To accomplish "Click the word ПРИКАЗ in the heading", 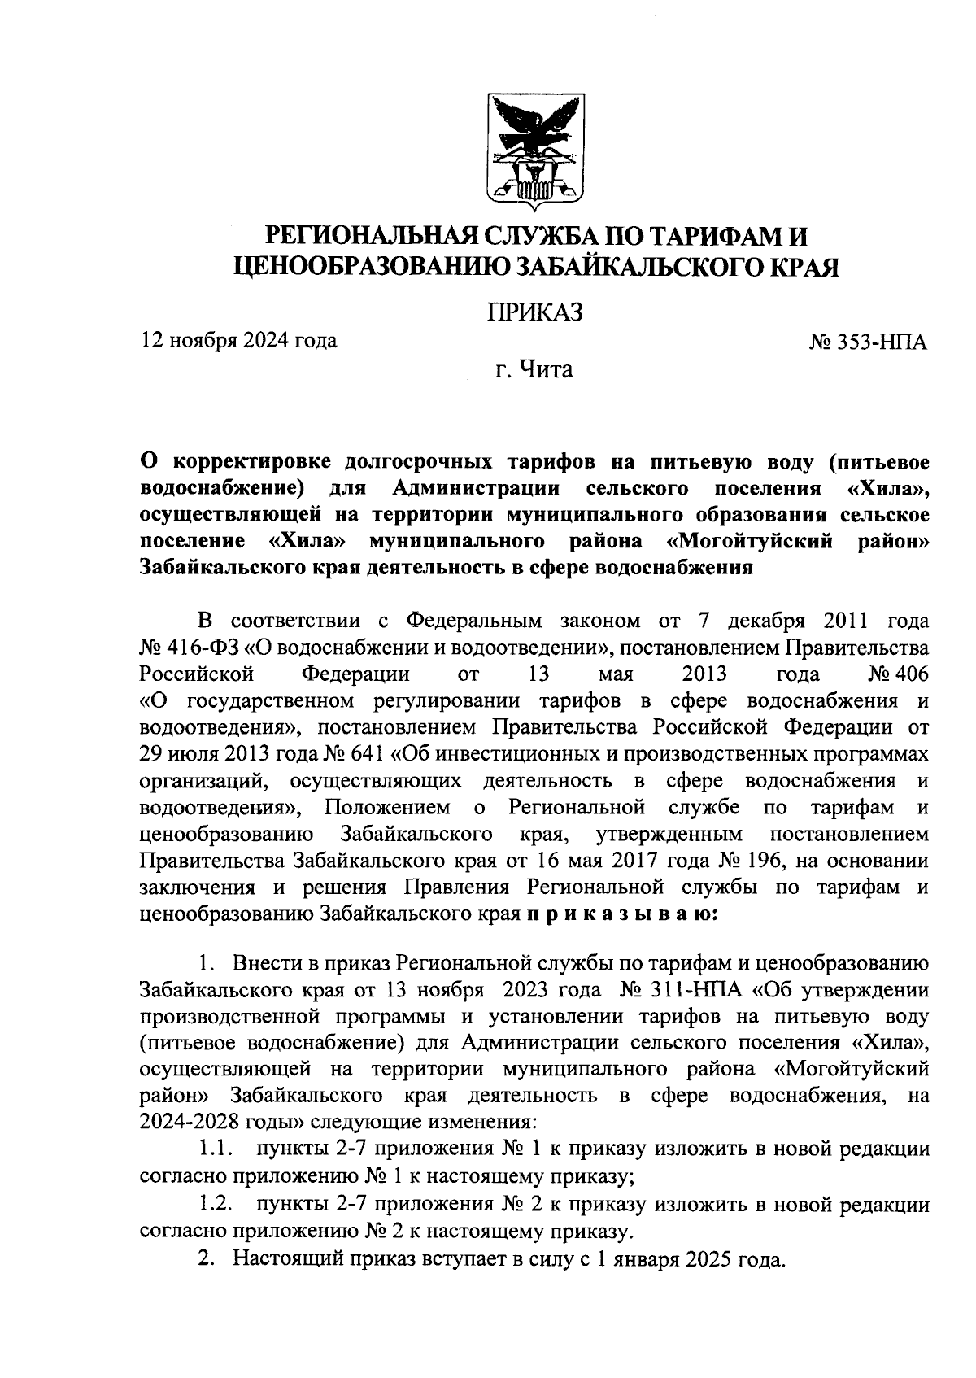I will pyautogui.click(x=535, y=313).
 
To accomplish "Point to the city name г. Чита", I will pyautogui.click(x=534, y=371).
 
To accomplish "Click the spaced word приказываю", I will pyautogui.click(x=622, y=914).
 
